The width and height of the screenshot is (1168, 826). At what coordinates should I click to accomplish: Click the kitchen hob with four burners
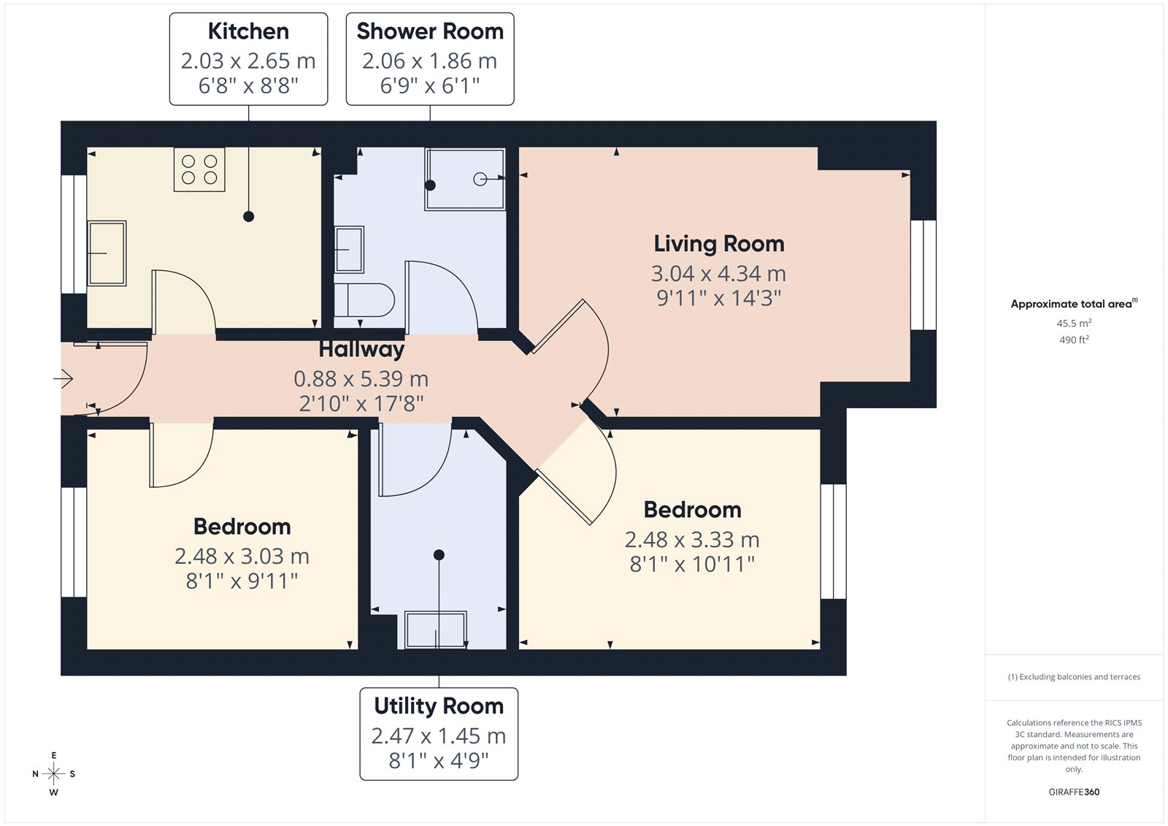coord(199,169)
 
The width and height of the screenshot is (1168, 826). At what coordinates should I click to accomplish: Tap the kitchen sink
coord(107,253)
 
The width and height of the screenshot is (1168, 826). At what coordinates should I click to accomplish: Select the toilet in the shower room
coord(364,300)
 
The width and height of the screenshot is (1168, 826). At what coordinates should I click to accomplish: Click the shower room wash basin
coord(349,250)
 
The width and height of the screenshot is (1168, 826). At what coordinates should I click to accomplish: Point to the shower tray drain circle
coord(480,179)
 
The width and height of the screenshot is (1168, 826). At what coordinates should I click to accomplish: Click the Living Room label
coord(719,244)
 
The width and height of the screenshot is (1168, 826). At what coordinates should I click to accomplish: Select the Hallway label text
coord(361,349)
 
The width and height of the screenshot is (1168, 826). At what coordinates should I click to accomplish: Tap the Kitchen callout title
coord(248,31)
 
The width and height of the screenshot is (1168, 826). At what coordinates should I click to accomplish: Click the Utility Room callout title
coord(439,706)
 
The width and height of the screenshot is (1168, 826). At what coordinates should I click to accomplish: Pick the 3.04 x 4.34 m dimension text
coord(718,273)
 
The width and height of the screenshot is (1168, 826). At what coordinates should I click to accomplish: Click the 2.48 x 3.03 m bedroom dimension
coord(242,557)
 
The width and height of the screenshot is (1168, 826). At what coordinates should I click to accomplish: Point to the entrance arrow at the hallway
coord(63,378)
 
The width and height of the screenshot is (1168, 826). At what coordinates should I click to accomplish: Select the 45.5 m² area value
coord(1074,323)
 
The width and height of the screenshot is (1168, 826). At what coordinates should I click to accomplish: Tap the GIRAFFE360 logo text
coord(1074,792)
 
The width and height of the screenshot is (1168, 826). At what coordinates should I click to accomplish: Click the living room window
coord(923,275)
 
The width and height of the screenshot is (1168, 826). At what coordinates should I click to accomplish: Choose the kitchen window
coord(74,234)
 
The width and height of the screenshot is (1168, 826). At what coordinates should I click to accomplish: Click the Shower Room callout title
coord(430,31)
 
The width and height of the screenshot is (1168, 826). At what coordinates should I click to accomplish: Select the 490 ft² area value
coord(1074,340)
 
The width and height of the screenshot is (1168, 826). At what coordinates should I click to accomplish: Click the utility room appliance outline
coord(437,630)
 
